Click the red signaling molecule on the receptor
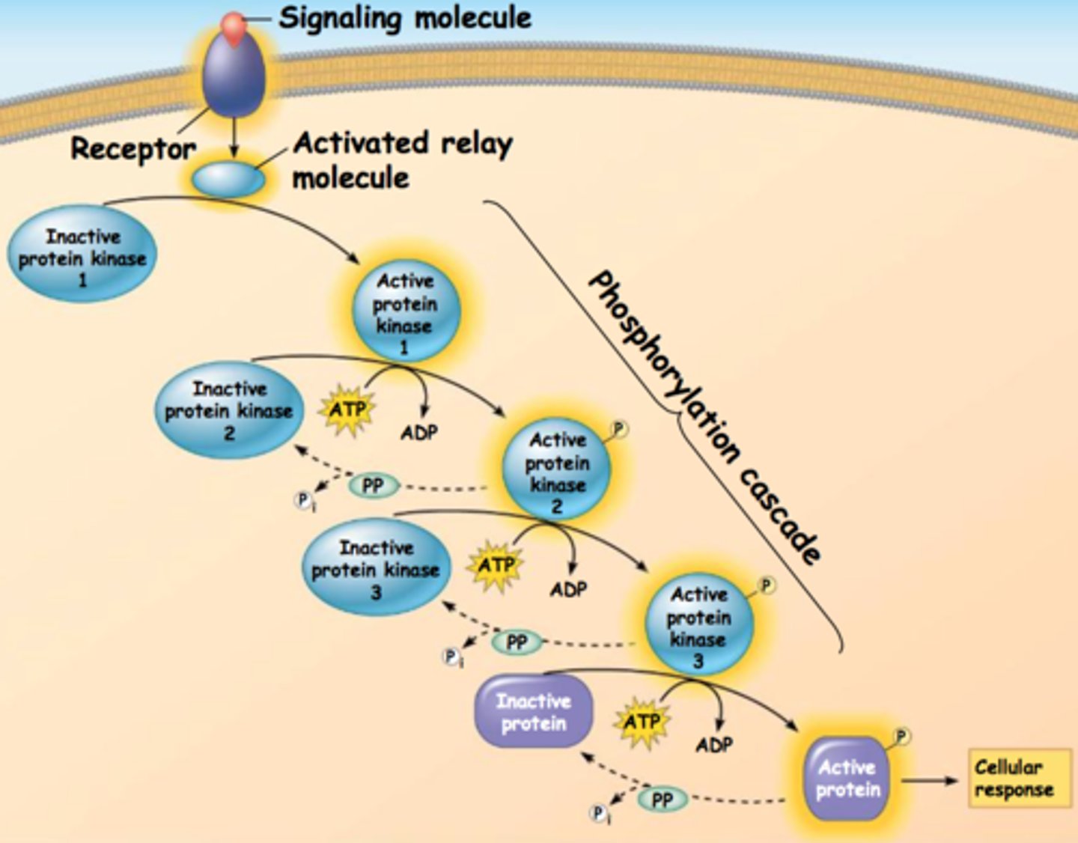234,26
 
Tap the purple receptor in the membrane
234,79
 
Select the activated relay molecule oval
228,180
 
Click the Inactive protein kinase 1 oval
82,255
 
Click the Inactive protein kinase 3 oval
376,568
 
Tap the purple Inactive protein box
534,711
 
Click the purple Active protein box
847,778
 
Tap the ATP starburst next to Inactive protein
642,722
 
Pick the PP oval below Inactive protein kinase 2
373,486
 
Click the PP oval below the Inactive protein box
662,800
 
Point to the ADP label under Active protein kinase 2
568,589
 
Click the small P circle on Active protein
902,736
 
